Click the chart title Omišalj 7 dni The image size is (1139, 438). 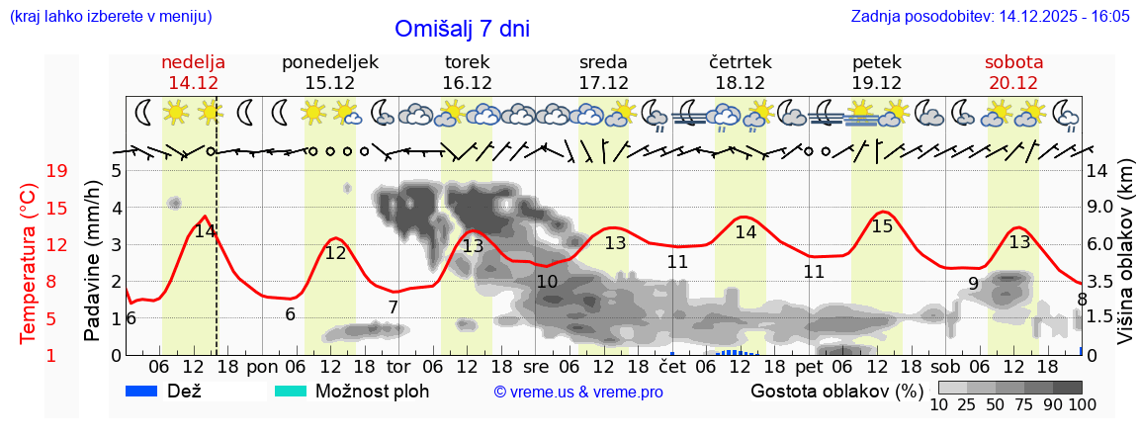(x=462, y=29)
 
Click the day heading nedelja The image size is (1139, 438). (x=193, y=62)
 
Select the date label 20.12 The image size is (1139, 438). (x=1012, y=83)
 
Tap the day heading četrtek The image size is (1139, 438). (x=740, y=62)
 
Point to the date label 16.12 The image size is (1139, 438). (x=467, y=83)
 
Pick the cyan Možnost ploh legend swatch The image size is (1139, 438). (x=291, y=391)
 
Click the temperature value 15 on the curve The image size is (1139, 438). (x=882, y=226)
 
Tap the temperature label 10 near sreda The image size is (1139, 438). (x=547, y=282)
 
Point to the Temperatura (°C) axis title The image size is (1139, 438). (x=30, y=264)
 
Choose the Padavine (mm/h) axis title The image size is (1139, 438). (x=93, y=261)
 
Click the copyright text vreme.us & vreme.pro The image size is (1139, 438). (x=578, y=392)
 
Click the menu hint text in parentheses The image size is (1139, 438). (x=110, y=17)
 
